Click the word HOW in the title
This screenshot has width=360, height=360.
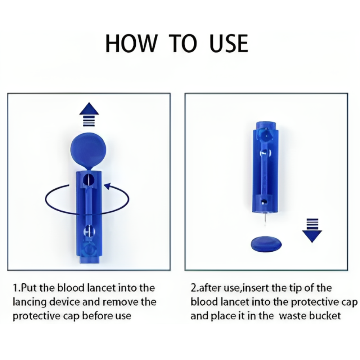(131, 44)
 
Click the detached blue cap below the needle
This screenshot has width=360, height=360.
(266, 244)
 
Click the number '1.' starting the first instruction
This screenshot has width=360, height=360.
(15, 288)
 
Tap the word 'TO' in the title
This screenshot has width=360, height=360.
(184, 44)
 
